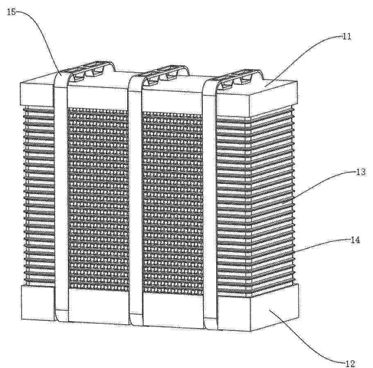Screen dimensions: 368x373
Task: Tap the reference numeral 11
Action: (348, 37)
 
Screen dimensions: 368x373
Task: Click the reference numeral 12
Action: (349, 362)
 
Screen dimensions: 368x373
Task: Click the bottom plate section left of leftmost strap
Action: (37, 303)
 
